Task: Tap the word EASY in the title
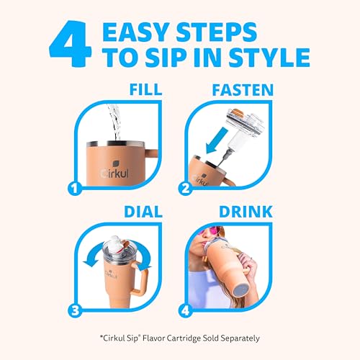135,32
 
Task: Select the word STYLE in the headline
269,58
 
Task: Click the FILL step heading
145,89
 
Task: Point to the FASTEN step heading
243,89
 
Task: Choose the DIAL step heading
143,212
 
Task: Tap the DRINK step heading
246,212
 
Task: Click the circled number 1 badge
75,189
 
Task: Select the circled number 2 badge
185,189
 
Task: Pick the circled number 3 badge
75,310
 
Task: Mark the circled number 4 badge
185,310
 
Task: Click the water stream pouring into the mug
114,122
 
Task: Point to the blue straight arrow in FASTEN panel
217,140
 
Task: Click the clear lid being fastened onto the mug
245,128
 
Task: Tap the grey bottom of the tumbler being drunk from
241,289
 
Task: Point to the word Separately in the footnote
240,338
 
